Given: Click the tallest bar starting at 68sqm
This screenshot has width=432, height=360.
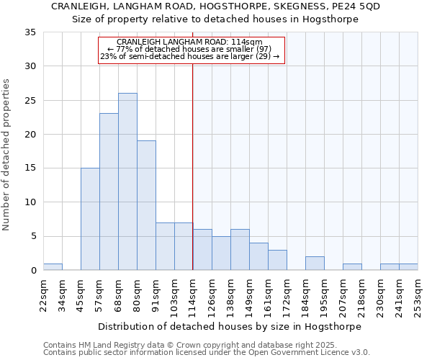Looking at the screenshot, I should tap(127, 181).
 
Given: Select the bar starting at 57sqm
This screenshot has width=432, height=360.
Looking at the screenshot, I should tap(109, 192).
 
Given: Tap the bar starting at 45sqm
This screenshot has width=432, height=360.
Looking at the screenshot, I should tap(90, 219).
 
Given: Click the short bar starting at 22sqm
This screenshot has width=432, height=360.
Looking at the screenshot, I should tap(53, 266).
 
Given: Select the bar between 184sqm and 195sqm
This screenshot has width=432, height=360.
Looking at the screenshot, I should tap(315, 264).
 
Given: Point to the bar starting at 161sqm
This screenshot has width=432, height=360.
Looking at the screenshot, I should tap(277, 260).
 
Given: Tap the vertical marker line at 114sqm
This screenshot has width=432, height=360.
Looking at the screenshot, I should tap(193, 166).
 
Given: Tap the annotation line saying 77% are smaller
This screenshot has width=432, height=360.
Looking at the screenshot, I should tap(191, 49).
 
